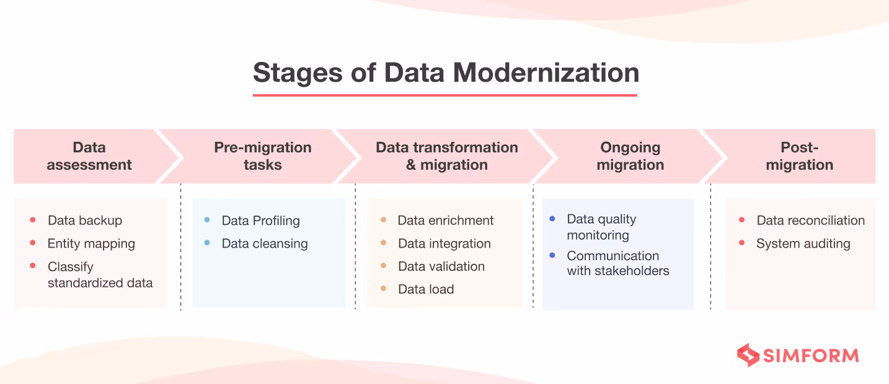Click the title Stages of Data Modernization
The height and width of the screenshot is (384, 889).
click(446, 73)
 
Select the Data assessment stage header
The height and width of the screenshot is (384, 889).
click(89, 156)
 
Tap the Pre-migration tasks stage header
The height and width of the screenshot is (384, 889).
click(263, 156)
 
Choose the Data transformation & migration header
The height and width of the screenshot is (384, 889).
click(446, 156)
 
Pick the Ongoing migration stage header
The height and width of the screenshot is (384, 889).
click(630, 156)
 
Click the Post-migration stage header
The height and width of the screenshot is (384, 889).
click(799, 156)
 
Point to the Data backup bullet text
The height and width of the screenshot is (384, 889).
click(85, 220)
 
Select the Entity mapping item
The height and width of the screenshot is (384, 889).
click(91, 244)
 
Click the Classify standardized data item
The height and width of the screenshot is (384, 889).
click(100, 275)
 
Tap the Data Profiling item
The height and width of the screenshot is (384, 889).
click(260, 220)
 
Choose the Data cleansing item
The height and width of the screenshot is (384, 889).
click(265, 244)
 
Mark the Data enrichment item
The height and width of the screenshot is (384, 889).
click(446, 220)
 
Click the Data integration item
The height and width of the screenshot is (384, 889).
click(444, 244)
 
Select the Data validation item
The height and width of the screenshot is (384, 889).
click(441, 267)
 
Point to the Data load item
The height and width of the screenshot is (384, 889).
click(426, 289)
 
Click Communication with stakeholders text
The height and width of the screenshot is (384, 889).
click(618, 263)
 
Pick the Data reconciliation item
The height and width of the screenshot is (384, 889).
click(810, 220)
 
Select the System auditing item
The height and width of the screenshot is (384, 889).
click(803, 244)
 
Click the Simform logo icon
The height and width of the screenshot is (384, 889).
click(748, 356)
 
